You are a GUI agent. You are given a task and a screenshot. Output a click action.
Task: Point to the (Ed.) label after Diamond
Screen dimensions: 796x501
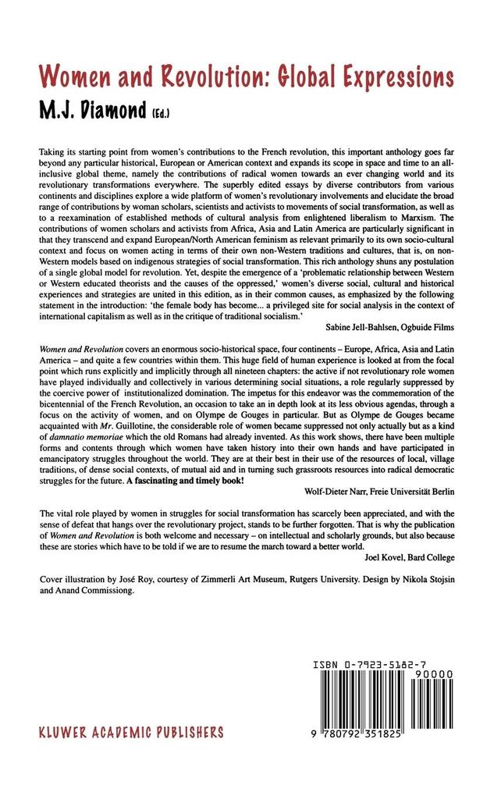coord(162,114)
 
